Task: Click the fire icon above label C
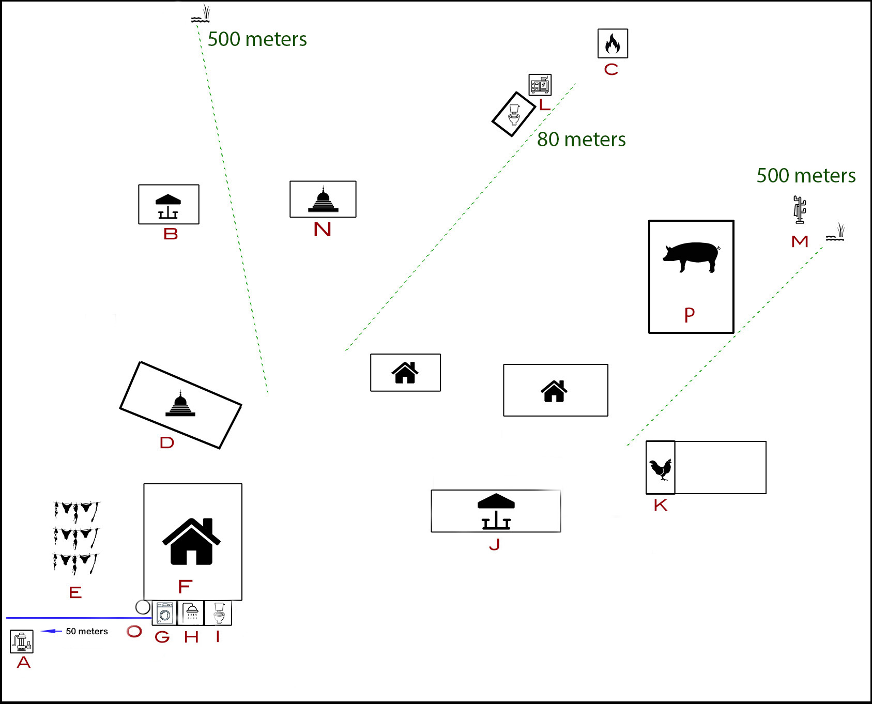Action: tap(613, 43)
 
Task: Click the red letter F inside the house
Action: tap(185, 587)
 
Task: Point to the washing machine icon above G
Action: tap(165, 613)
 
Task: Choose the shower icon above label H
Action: tap(192, 612)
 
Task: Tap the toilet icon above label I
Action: tap(219, 613)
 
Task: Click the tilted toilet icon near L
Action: tap(514, 115)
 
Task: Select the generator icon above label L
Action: tap(540, 85)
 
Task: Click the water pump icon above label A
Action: tap(22, 641)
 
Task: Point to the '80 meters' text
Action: tap(581, 140)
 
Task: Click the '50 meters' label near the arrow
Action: tap(87, 631)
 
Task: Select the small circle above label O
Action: tap(143, 607)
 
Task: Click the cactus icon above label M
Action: tap(800, 209)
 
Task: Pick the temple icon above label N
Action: tap(323, 200)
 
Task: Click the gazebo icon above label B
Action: tap(168, 206)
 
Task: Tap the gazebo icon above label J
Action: tap(496, 511)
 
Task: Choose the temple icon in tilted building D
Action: tap(180, 404)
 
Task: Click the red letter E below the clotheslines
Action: tap(75, 592)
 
